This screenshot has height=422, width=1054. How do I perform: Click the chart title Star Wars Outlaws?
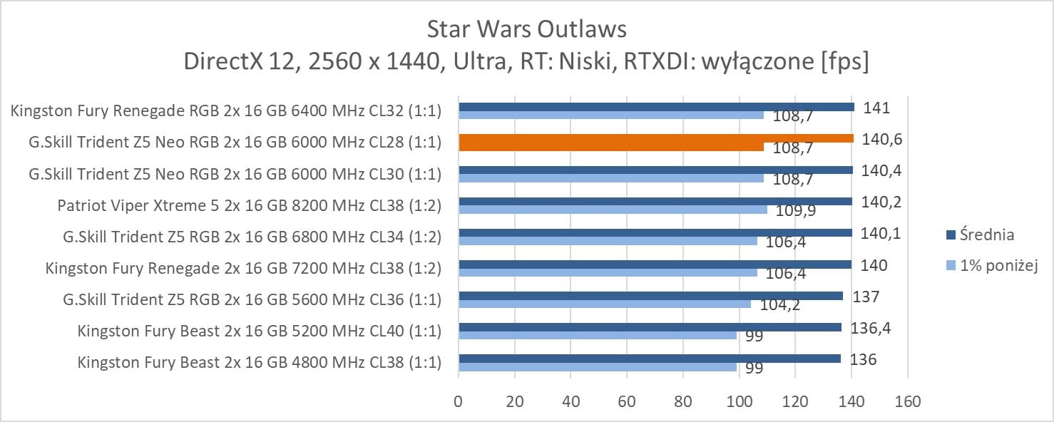pyautogui.click(x=526, y=29)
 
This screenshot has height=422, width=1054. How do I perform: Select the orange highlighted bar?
pyautogui.click(x=656, y=138)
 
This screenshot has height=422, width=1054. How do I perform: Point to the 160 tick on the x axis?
pyautogui.click(x=907, y=401)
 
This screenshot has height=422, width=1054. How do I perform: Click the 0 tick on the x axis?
pyautogui.click(x=459, y=401)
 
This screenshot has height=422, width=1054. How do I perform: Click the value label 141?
pyautogui.click(x=876, y=108)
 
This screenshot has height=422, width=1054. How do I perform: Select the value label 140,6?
pyautogui.click(x=881, y=139)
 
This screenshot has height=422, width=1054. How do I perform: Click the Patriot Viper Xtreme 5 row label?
pyautogui.click(x=249, y=206)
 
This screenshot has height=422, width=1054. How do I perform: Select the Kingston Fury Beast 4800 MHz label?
pyautogui.click(x=259, y=362)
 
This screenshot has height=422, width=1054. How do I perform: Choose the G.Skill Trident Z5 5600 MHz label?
pyautogui.click(x=252, y=299)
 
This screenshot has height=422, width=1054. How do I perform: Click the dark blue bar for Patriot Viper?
pyautogui.click(x=655, y=201)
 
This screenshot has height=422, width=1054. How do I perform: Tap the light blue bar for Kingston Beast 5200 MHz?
pyautogui.click(x=598, y=335)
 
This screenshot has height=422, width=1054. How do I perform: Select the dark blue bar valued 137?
pyautogui.click(x=650, y=295)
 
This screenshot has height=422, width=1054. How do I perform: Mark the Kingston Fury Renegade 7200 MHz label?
pyautogui.click(x=243, y=268)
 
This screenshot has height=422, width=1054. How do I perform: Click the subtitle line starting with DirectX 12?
pyautogui.click(x=526, y=63)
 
